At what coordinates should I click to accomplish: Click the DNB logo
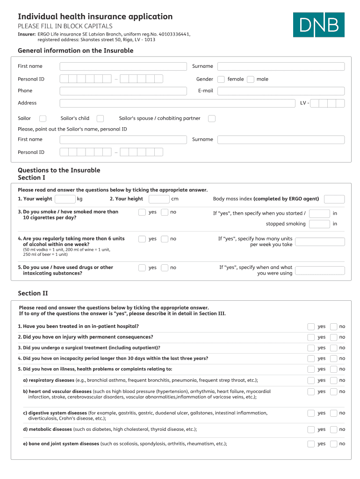tap(318, 25)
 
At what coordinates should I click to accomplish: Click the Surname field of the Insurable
tap(281, 66)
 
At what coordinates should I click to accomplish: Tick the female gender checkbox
tap(221, 79)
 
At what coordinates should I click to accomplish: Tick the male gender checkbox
tap(251, 79)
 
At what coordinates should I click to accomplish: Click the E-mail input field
tap(281, 91)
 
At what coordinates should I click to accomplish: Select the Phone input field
tap(122, 91)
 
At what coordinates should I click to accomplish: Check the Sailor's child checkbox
tap(100, 118)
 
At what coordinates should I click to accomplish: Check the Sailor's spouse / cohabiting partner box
tap(212, 118)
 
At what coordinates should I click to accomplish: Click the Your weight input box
tap(65, 199)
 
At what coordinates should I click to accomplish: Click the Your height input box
tap(159, 199)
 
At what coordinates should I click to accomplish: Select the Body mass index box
tap(334, 199)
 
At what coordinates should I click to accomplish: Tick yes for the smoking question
tap(142, 212)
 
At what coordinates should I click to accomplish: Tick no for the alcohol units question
tap(165, 239)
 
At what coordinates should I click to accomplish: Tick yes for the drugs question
tap(142, 268)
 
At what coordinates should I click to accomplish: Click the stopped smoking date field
tap(319, 224)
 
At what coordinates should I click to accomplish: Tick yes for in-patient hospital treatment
tap(311, 327)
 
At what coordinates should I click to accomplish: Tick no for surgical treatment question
tap(333, 348)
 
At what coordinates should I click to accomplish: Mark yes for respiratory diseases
tap(311, 380)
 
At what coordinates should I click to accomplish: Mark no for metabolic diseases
tap(333, 429)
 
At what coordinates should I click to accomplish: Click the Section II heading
tap(33, 293)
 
